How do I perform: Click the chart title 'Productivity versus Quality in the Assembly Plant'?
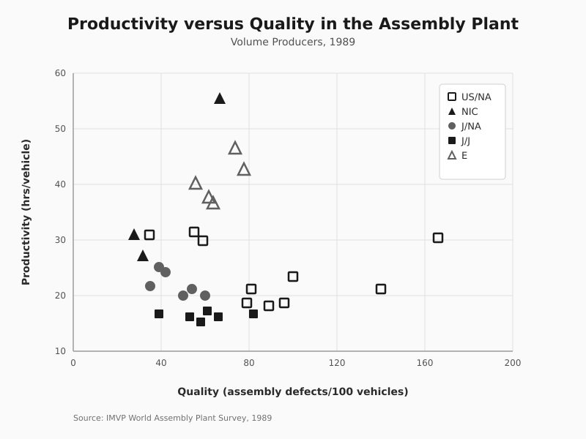coord(293,24)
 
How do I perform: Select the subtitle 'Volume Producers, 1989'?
coord(293,42)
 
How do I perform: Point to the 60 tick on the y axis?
coord(60,73)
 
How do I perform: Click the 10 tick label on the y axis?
coord(60,351)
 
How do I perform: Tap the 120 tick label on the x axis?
coord(337,363)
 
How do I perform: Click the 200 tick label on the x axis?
coord(513,363)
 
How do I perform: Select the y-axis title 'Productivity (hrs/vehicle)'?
coord(26,212)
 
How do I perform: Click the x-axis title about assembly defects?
coord(293,391)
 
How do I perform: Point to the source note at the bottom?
coord(172,418)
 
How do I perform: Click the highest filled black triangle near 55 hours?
coord(220,99)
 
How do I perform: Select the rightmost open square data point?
coord(438,238)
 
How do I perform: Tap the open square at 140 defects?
coord(381,289)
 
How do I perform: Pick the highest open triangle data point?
coord(235,149)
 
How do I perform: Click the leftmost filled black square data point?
coord(159,314)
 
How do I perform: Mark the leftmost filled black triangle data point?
coord(134,235)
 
